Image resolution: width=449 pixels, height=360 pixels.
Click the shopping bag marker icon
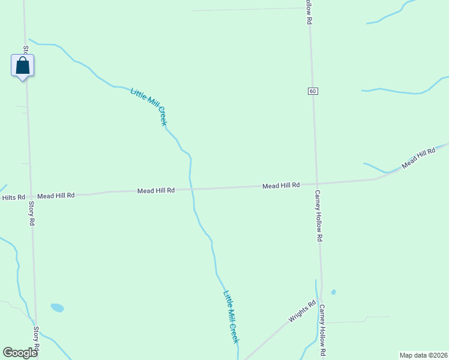coord(22,65)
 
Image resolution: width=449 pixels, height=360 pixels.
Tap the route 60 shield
coord(313,91)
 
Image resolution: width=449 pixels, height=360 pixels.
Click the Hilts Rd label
coord(13,197)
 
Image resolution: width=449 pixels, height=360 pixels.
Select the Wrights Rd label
coord(302,311)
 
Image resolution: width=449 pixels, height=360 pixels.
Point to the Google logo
coord(20,353)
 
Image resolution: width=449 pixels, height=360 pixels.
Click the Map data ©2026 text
coord(424,355)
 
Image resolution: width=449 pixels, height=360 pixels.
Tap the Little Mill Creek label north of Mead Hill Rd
coord(148,106)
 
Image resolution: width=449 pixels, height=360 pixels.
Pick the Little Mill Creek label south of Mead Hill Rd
coord(231,317)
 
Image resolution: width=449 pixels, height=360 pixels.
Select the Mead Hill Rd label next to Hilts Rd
coord(56,196)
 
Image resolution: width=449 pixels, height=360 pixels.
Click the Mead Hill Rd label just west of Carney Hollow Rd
coord(281,186)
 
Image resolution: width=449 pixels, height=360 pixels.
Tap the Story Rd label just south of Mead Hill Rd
coord(32,213)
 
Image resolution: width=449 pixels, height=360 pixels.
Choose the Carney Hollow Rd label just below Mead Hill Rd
coord(319,216)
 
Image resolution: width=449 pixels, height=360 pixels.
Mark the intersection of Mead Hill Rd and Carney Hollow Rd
coord(316,184)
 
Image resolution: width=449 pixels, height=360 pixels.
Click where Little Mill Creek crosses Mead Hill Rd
coord(191,189)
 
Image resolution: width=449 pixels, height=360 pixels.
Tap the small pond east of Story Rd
coord(57,308)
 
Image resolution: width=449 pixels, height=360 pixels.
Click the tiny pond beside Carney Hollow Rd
coord(333,292)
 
